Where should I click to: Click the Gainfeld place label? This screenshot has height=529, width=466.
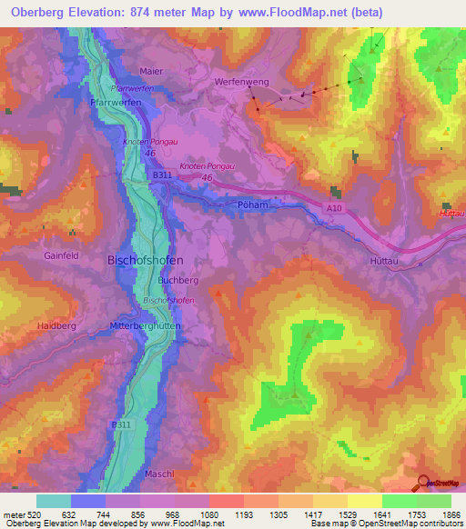61,256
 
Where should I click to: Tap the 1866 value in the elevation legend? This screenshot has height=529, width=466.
451,514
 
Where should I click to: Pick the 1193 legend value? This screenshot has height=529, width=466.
244,514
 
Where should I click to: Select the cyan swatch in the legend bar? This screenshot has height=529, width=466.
54,501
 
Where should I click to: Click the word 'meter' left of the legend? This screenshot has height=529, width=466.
14,514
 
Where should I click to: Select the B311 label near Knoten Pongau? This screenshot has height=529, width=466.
162,174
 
